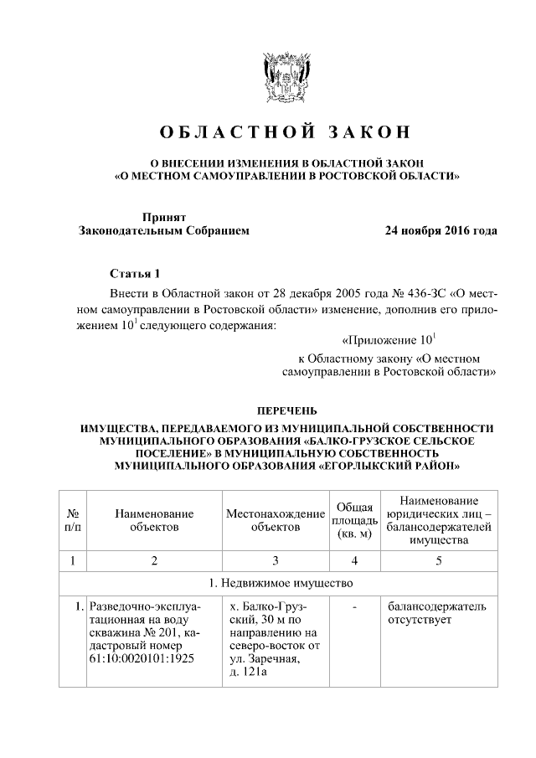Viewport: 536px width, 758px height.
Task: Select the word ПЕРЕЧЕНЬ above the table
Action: [286, 410]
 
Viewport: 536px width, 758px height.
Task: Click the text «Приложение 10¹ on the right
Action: [390, 341]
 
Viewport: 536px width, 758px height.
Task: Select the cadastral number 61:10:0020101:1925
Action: [141, 660]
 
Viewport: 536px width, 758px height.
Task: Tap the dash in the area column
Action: [354, 606]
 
